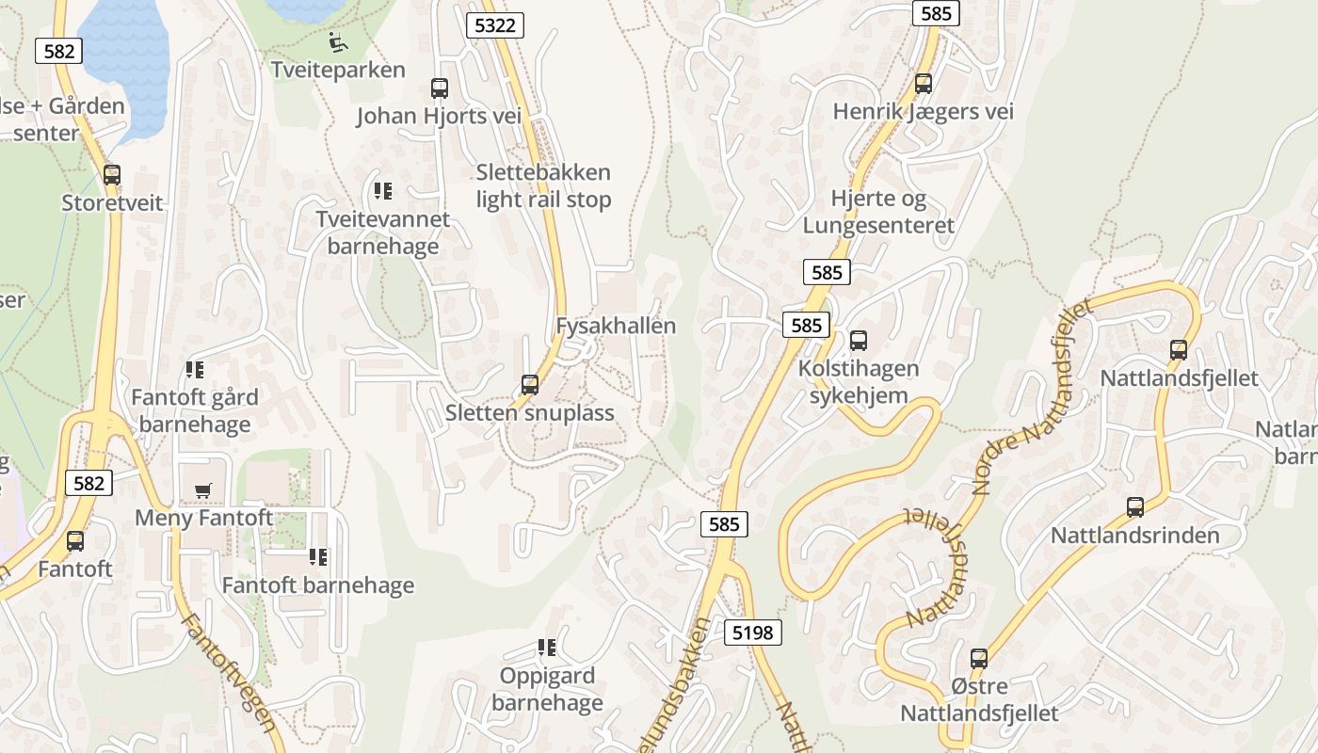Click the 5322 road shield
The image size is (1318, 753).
[x=495, y=25]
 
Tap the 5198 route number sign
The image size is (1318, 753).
[x=754, y=633]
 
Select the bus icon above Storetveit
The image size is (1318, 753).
[x=112, y=174]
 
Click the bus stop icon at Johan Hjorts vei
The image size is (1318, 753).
[x=440, y=88]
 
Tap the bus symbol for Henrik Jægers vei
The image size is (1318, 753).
[x=924, y=83]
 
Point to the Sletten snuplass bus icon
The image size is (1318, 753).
[x=530, y=384]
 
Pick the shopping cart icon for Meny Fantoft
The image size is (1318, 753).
[x=202, y=490]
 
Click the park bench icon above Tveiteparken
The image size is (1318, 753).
[x=338, y=41]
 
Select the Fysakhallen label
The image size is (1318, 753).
[x=616, y=326]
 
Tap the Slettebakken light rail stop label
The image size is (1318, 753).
[x=543, y=185]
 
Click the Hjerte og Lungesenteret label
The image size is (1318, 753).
[x=878, y=212]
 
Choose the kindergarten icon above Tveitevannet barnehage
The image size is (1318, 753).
[x=382, y=191]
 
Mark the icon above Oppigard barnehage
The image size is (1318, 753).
[x=546, y=648]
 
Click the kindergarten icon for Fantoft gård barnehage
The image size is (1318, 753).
[x=195, y=370]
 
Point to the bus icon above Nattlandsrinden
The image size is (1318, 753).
[x=1135, y=507]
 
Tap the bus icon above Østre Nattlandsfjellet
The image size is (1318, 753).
[x=979, y=658]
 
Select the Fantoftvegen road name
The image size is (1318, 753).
[x=230, y=672]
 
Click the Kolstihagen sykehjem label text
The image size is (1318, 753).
[x=859, y=381]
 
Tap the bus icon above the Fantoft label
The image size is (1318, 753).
[x=75, y=541]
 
